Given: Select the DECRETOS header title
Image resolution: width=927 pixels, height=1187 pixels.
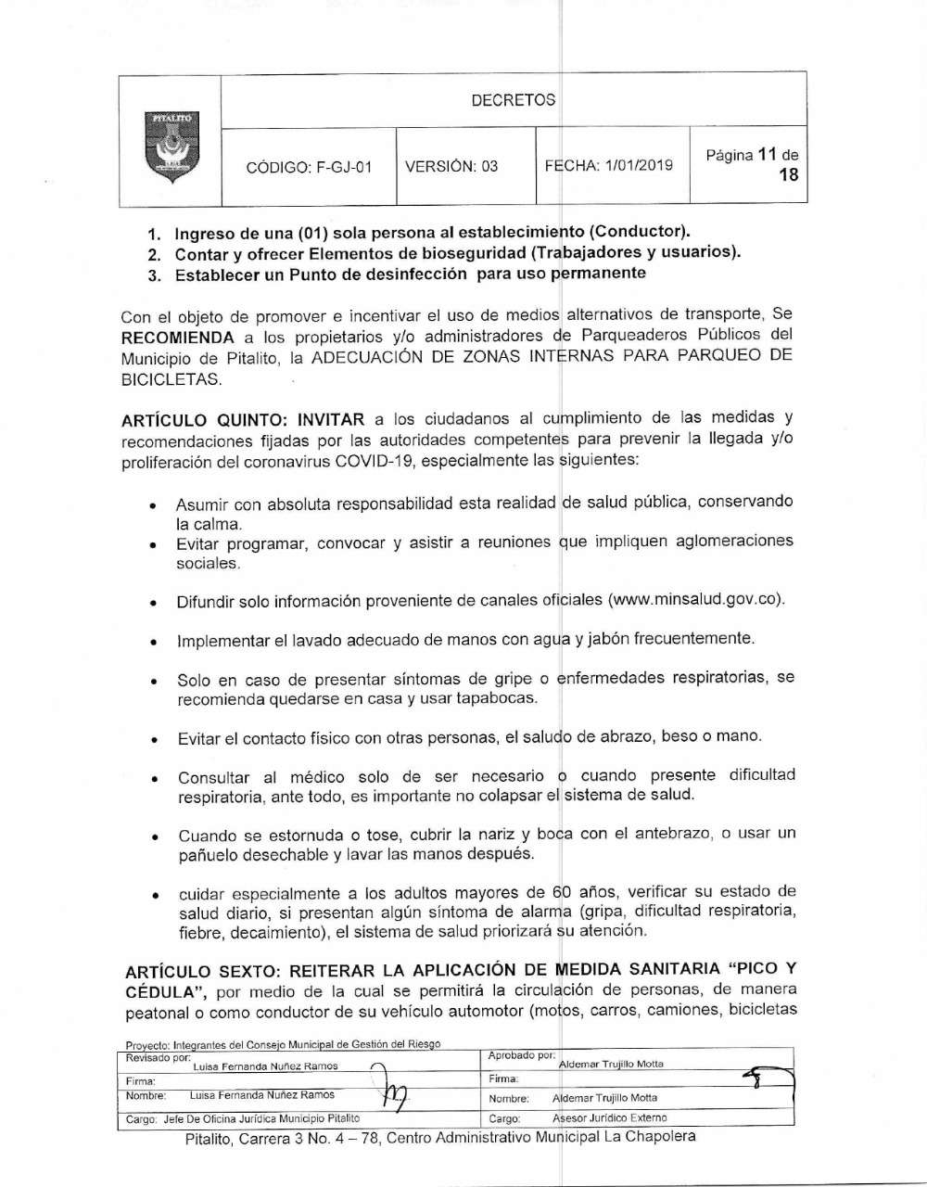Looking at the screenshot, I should [x=514, y=100].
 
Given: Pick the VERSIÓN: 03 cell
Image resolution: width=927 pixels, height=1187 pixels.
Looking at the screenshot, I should [x=452, y=167].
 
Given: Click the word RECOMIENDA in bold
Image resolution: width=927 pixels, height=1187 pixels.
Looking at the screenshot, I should [x=177, y=338].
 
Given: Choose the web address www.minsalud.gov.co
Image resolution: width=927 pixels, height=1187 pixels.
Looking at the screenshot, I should [x=696, y=599].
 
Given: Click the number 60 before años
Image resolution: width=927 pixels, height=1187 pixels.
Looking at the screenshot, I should [x=563, y=892].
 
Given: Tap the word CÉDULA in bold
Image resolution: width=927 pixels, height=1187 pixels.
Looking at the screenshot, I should [x=160, y=991].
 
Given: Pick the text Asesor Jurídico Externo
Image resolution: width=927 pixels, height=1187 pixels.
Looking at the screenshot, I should [x=609, y=1117].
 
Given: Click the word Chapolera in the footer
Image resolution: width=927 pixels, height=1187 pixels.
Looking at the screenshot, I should [x=660, y=1137].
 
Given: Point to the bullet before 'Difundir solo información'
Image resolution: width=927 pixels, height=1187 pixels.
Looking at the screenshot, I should [x=153, y=603].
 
